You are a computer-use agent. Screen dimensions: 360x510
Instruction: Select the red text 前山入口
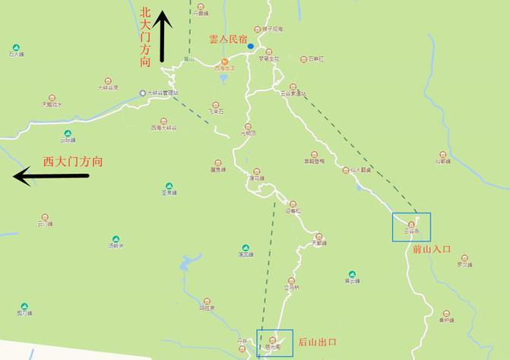pos(432,249)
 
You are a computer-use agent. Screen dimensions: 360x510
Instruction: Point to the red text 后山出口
pos(316,343)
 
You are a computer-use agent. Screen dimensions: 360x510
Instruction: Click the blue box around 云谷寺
pos(411,226)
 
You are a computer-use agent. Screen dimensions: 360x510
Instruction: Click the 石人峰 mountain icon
pos(14,46)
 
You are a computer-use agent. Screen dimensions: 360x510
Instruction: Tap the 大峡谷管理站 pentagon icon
pos(142,93)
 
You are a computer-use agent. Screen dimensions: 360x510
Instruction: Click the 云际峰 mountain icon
pos(67,132)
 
